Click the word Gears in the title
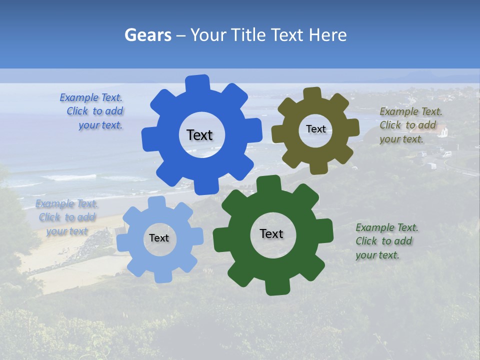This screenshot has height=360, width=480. pyautogui.click(x=147, y=35)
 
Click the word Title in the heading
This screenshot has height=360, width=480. pyautogui.click(x=250, y=35)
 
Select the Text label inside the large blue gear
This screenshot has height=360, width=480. pyautogui.click(x=199, y=135)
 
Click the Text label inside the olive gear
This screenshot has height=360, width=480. pyautogui.click(x=315, y=129)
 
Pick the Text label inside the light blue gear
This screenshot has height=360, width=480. pyautogui.click(x=159, y=238)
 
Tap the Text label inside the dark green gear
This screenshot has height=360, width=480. pyautogui.click(x=271, y=233)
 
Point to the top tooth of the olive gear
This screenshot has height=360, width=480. pyautogui.click(x=313, y=94)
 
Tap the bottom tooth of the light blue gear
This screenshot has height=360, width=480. pyautogui.click(x=162, y=275)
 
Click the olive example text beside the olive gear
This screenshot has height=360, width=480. pyautogui.click(x=410, y=125)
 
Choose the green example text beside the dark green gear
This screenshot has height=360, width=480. pyautogui.click(x=386, y=241)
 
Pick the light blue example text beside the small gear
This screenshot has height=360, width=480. pyautogui.click(x=66, y=217)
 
